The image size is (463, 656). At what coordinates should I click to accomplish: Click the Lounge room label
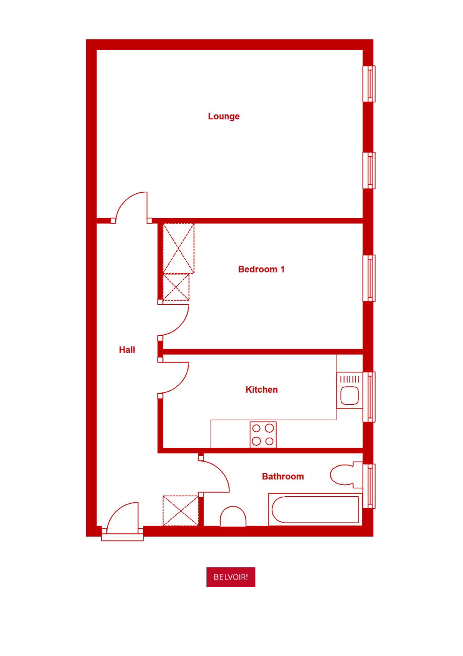pyautogui.click(x=224, y=116)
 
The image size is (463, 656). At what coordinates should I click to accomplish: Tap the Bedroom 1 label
pyautogui.click(x=261, y=269)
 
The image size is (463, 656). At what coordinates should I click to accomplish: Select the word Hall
pyautogui.click(x=127, y=350)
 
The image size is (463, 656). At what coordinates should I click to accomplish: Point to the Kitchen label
pyautogui.click(x=261, y=390)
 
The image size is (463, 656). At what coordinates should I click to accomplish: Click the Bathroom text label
pyautogui.click(x=283, y=476)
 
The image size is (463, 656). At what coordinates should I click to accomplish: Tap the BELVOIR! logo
pyautogui.click(x=231, y=577)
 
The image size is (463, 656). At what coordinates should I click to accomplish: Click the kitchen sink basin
pyautogui.click(x=349, y=395)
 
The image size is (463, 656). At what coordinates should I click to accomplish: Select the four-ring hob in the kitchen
pyautogui.click(x=263, y=434)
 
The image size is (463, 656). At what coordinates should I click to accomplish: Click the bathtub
pyautogui.click(x=315, y=509)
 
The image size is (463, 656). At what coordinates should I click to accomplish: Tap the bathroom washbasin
pyautogui.click(x=233, y=517)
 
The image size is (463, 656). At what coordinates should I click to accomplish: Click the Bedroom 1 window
pyautogui.click(x=369, y=278)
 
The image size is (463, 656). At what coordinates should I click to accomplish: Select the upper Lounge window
pyautogui.click(x=369, y=84)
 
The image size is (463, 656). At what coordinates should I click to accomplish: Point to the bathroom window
pyautogui.click(x=369, y=486)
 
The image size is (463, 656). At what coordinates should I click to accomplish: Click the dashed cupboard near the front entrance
pyautogui.click(x=180, y=511)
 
